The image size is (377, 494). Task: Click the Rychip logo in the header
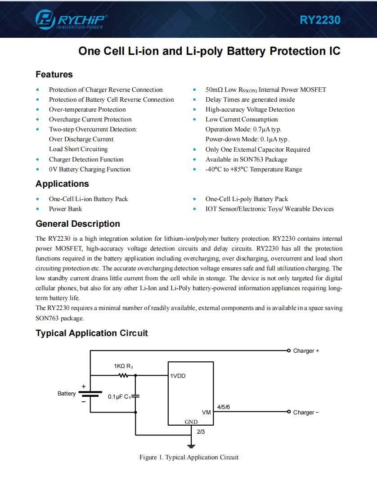pos(72,20)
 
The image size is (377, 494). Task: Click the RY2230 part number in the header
pos(320,20)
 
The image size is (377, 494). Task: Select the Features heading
pos(54,75)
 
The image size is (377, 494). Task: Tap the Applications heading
pos(62,184)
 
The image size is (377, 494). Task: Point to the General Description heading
pos(77,224)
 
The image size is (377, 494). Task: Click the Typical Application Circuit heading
pos(91,333)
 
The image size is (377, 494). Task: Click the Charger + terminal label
pos(306,351)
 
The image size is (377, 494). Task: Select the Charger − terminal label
pos(306,413)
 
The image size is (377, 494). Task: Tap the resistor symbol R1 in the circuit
pos(123,375)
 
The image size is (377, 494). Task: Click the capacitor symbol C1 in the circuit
pos(136,396)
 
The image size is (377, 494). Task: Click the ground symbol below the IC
pos(191,446)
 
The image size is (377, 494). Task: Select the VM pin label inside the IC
pos(206,413)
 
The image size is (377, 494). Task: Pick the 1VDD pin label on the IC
pos(178,376)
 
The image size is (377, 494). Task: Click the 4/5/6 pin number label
pos(224,407)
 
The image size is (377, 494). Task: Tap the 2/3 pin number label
pos(201,432)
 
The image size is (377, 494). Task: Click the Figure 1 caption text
pos(188,458)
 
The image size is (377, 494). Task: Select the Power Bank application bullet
pos(65,209)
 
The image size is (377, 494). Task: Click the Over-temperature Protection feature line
pos(87,110)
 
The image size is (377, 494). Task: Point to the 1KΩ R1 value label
pos(123,367)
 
